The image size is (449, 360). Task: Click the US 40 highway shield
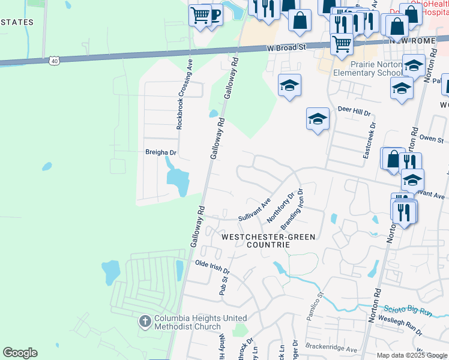(55, 61)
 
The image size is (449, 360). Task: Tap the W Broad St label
(287, 47)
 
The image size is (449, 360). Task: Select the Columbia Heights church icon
(145, 322)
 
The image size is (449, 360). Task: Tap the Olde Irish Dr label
(212, 266)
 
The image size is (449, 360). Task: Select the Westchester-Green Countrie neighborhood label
(268, 241)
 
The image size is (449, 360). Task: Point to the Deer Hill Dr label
(354, 111)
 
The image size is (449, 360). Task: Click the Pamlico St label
(315, 306)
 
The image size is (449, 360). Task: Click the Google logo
(20, 353)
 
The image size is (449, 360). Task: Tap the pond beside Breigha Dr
(178, 181)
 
